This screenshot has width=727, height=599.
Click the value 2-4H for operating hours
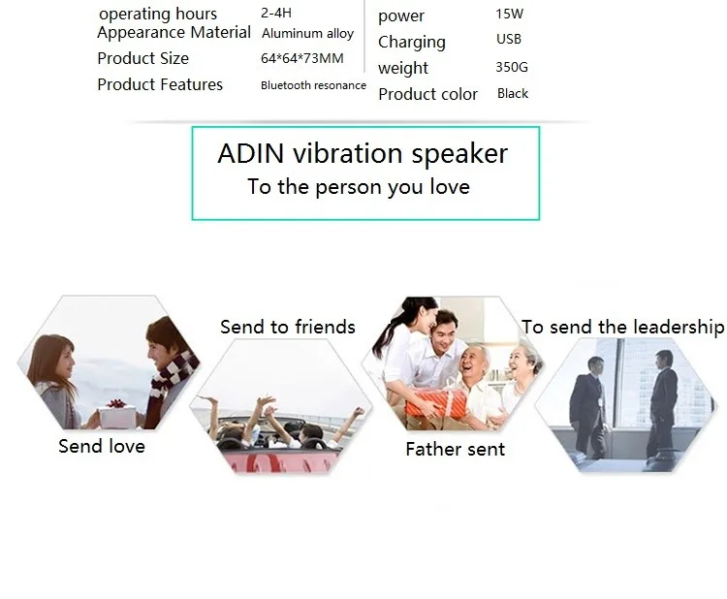pyautogui.click(x=276, y=13)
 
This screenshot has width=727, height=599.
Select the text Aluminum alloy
pyautogui.click(x=308, y=33)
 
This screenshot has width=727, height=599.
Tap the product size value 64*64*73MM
pyautogui.click(x=301, y=58)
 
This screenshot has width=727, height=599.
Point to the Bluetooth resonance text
pyautogui.click(x=313, y=85)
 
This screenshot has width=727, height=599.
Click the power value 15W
pyautogui.click(x=509, y=14)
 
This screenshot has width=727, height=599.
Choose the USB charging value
pyautogui.click(x=509, y=39)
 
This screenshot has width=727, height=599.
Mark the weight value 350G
pyautogui.click(x=512, y=67)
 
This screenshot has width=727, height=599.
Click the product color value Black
pyautogui.click(x=513, y=94)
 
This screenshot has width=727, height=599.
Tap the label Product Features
pyautogui.click(x=160, y=84)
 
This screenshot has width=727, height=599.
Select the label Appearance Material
pyautogui.click(x=174, y=32)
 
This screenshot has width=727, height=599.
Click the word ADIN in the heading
pyautogui.click(x=250, y=153)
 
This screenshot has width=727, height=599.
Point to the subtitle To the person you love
pyautogui.click(x=359, y=187)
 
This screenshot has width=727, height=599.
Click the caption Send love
pyautogui.click(x=102, y=446)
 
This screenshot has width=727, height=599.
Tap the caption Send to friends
pyautogui.click(x=288, y=327)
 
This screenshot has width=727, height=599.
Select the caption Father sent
pyautogui.click(x=455, y=449)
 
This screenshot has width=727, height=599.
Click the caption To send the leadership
pyautogui.click(x=622, y=327)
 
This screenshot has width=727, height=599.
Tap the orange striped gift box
pyautogui.click(x=436, y=403)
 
